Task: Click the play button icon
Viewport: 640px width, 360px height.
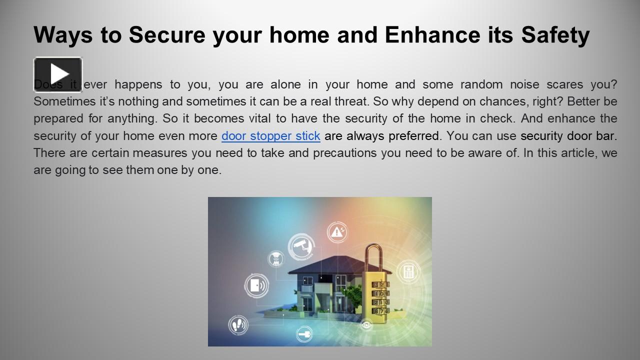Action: click(58, 74)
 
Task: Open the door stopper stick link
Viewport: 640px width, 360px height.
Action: click(270, 135)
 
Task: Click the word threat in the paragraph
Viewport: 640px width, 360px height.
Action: click(351, 101)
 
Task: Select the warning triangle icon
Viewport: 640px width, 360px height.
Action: click(337, 232)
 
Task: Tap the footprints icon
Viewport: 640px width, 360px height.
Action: click(238, 325)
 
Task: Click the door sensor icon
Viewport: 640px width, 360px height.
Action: click(256, 286)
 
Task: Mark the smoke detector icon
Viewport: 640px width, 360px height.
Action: click(275, 258)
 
